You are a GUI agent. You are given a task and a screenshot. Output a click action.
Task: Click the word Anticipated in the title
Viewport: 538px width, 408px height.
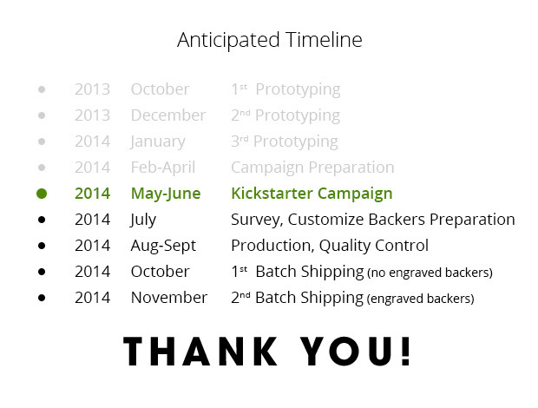(228, 41)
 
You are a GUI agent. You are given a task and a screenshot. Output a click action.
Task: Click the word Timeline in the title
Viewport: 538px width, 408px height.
(324, 39)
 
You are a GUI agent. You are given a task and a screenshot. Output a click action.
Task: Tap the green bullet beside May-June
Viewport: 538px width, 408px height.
(42, 194)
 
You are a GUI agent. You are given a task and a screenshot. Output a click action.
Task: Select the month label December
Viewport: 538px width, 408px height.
(168, 115)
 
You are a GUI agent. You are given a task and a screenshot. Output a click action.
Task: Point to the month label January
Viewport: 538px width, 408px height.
(158, 142)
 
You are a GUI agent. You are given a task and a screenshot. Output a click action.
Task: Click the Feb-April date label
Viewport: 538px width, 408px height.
(163, 168)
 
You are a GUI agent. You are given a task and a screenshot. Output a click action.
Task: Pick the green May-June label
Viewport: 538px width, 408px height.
(166, 194)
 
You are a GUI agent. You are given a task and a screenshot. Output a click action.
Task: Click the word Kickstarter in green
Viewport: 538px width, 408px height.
(272, 194)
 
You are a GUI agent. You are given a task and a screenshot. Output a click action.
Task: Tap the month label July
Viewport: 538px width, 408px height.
(143, 220)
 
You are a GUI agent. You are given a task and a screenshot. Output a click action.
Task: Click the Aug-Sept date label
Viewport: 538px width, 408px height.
(163, 246)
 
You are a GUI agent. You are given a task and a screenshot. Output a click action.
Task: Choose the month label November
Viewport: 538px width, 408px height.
(169, 298)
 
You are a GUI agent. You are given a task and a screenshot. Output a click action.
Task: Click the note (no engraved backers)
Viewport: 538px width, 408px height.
(430, 273)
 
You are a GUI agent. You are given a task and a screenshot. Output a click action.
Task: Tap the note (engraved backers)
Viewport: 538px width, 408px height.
(420, 299)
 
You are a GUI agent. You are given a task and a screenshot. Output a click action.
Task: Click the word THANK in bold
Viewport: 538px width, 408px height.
(200, 352)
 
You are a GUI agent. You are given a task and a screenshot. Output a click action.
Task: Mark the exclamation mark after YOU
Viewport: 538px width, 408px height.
(405, 351)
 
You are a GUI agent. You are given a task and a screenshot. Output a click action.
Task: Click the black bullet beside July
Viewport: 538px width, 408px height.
(42, 220)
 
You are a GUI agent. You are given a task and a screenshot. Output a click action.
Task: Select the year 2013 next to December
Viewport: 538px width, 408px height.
(92, 115)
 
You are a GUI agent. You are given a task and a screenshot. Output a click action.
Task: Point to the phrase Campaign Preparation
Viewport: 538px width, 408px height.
(312, 168)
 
